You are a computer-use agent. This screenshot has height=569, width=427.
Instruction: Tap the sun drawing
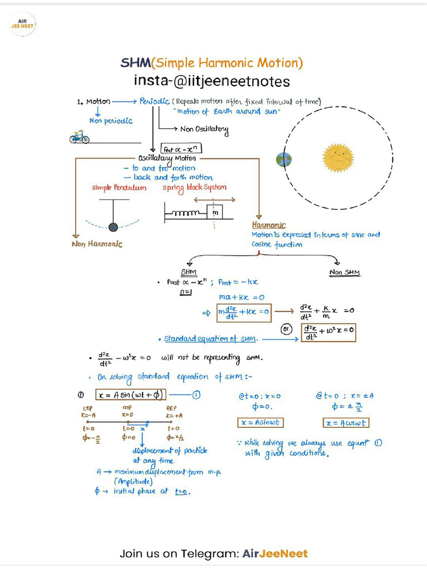[x=338, y=158]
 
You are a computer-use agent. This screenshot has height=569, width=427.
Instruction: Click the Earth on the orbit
[x=283, y=160]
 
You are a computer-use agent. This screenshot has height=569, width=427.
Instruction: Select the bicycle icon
[x=79, y=137]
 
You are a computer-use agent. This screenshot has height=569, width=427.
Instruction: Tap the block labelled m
[x=215, y=213]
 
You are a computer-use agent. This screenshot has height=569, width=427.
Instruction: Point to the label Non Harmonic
[x=97, y=243]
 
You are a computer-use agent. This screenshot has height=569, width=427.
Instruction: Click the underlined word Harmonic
[x=269, y=225]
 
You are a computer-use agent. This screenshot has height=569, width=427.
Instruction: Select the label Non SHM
[x=345, y=272]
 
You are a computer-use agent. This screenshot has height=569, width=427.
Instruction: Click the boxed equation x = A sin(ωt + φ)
[x=130, y=395]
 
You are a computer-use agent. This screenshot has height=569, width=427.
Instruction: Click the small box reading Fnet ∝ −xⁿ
[x=181, y=149]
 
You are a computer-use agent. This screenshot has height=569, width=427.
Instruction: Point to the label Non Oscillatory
[x=204, y=129]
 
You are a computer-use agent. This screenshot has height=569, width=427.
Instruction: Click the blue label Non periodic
[x=111, y=121]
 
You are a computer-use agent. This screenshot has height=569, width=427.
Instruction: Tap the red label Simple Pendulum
[x=119, y=188]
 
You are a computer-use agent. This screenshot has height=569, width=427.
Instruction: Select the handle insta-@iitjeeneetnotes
[x=212, y=82]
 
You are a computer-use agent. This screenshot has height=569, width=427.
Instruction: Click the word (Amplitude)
[x=132, y=481]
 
